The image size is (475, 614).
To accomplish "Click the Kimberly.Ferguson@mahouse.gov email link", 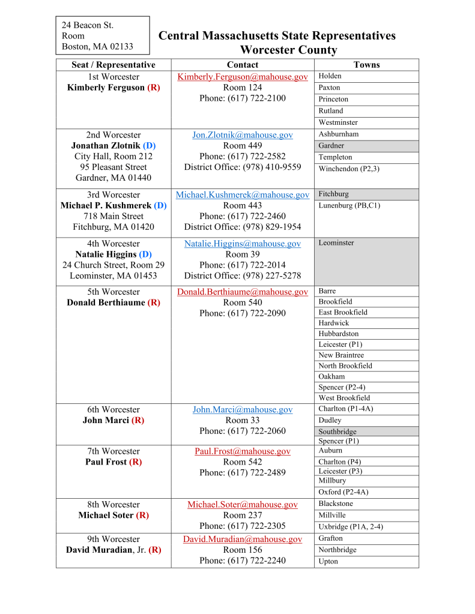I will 243,77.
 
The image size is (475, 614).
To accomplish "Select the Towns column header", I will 366,65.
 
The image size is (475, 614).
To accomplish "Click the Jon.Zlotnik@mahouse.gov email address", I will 243,135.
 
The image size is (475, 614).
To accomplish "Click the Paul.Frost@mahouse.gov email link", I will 243,451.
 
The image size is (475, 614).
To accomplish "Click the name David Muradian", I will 104,550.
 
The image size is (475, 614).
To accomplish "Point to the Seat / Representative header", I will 113,65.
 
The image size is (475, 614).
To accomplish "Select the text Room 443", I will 243,205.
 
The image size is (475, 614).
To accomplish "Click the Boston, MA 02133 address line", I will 97,46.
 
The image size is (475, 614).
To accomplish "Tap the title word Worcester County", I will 288,50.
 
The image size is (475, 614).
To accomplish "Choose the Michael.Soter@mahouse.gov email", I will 243,505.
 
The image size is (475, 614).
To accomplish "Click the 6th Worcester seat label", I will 113,409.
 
